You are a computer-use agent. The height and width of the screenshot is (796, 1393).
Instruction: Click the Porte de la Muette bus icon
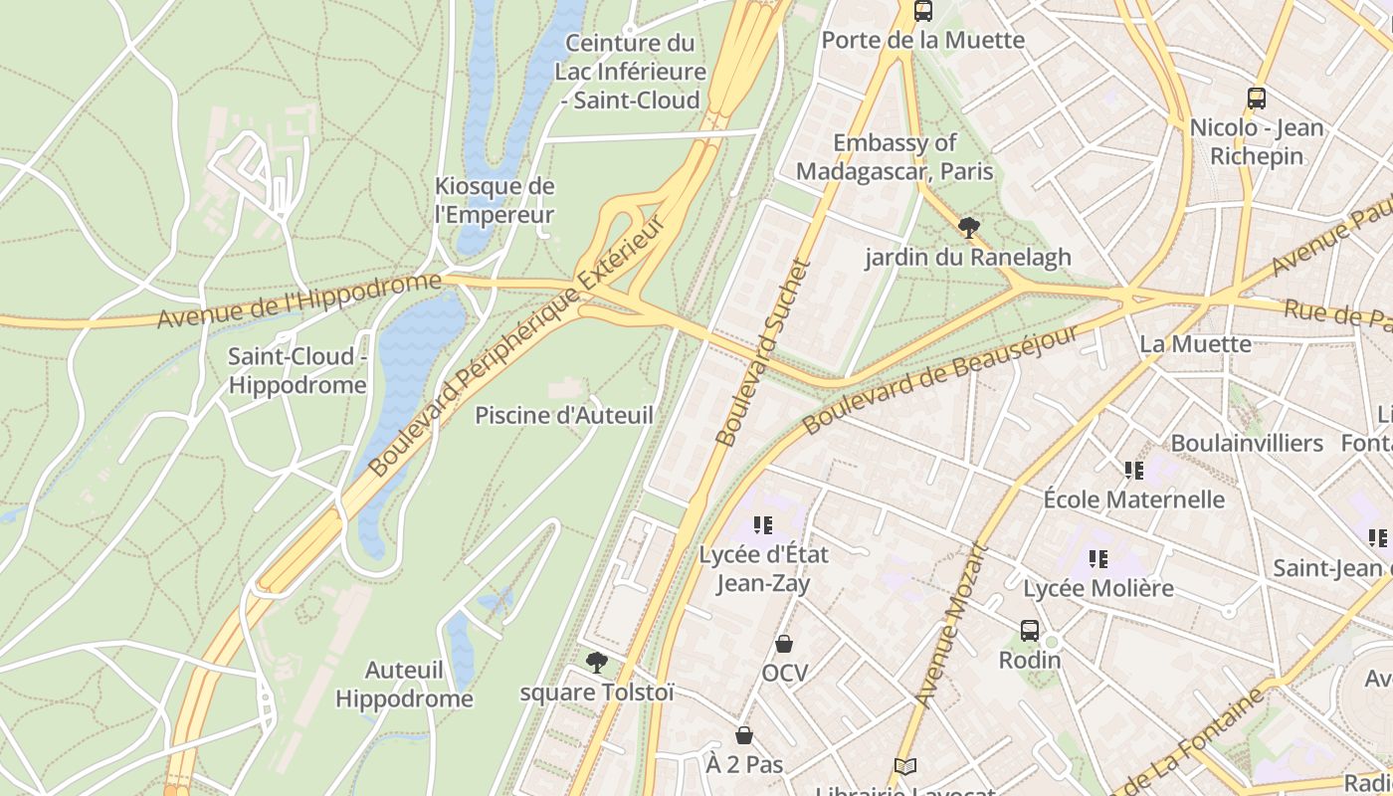point(923,11)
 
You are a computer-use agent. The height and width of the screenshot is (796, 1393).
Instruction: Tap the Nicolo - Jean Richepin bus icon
point(1257,99)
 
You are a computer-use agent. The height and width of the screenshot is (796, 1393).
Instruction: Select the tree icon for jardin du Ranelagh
point(968,228)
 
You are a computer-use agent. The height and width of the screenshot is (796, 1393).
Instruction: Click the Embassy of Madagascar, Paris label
point(895,157)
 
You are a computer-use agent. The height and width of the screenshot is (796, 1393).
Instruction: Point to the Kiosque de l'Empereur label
point(495,200)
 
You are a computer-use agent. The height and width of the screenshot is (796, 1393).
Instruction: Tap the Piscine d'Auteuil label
point(564,415)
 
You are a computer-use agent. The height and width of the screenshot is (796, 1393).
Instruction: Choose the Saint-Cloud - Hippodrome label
point(298,370)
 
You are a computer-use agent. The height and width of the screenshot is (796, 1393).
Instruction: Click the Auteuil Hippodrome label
point(404,685)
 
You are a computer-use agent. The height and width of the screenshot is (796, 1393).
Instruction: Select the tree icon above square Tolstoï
point(596,662)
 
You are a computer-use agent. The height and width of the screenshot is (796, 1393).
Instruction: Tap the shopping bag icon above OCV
point(784,644)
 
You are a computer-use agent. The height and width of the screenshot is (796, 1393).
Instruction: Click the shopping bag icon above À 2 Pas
point(744,735)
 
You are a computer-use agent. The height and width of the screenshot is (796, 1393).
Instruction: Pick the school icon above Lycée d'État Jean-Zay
point(763,524)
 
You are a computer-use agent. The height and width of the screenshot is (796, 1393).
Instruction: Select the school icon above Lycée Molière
point(1098,559)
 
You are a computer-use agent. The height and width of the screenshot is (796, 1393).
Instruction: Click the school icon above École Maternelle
point(1133,470)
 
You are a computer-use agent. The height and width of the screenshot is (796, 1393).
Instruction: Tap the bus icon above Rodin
point(1030,631)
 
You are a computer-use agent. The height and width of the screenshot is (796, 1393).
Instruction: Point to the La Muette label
point(1195,344)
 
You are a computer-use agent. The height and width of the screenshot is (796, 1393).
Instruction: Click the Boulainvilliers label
point(1247,443)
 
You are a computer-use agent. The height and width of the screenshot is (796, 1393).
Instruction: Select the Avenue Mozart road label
point(951,625)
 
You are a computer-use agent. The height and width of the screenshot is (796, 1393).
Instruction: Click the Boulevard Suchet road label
point(763,353)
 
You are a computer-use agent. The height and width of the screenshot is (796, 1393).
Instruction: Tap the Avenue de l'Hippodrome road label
point(298,299)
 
